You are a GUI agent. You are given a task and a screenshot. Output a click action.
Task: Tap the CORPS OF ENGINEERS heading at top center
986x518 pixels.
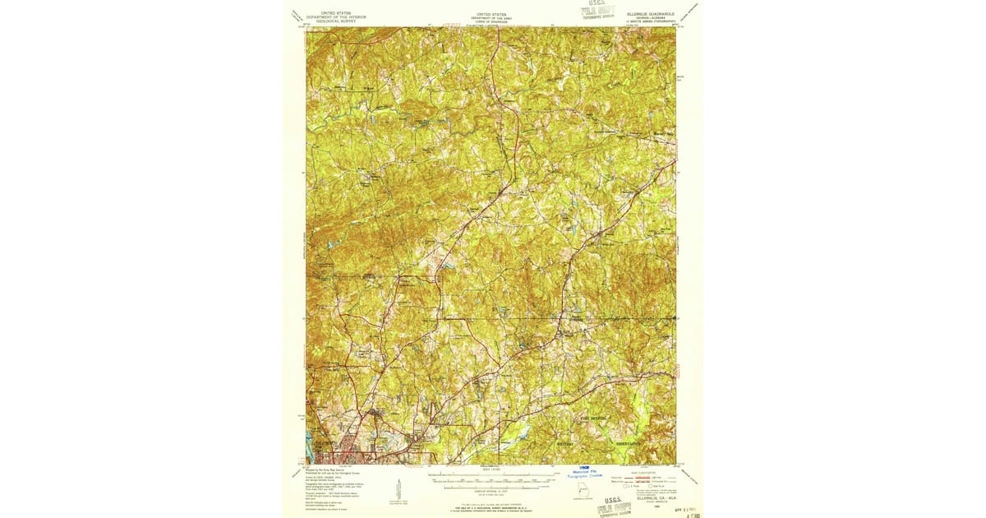click(x=492, y=21)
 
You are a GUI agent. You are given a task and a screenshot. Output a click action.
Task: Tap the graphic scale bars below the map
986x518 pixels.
click(x=492, y=480)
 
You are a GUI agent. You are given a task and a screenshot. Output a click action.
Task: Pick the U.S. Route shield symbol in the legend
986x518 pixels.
click(x=629, y=487)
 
